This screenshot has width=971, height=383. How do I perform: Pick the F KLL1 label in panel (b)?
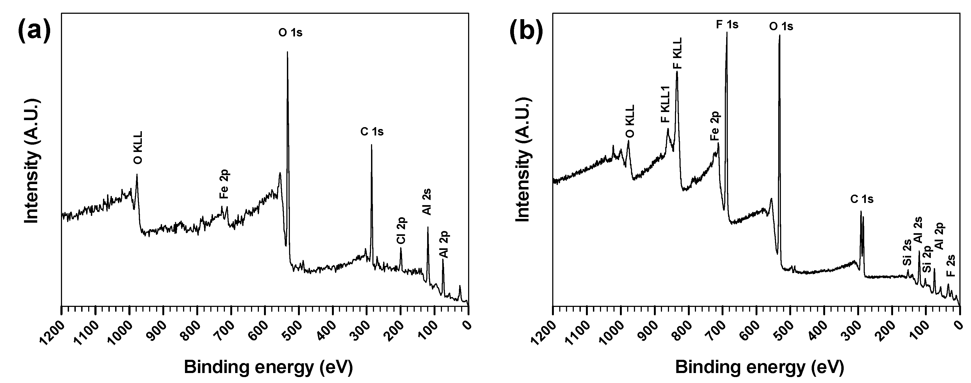click(665, 109)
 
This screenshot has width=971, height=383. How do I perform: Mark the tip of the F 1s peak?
click(727, 33)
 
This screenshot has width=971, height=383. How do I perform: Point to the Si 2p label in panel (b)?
click(928, 259)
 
